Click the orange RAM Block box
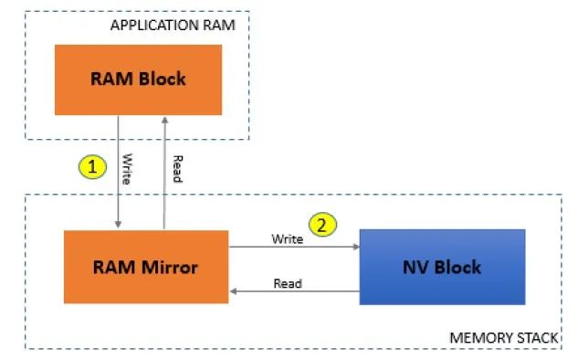(138, 79)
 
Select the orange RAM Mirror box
(145, 267)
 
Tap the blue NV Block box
(442, 267)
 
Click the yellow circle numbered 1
(92, 166)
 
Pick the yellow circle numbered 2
(321, 224)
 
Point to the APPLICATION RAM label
(173, 25)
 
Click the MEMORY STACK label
(503, 338)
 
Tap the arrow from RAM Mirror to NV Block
(293, 247)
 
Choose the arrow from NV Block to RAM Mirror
(293, 292)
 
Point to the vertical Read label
(176, 169)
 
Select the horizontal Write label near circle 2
(288, 238)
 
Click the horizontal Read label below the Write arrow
(288, 283)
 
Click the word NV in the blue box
(416, 267)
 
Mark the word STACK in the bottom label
(534, 338)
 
